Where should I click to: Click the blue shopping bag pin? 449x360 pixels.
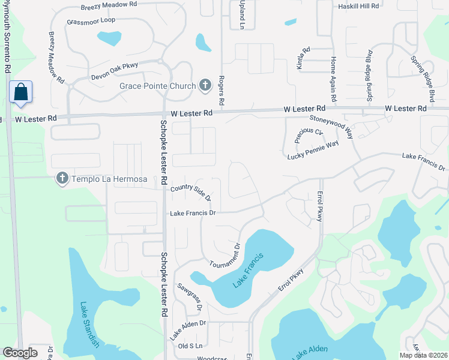(x=20, y=93)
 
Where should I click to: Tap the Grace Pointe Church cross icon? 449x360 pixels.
(x=205, y=86)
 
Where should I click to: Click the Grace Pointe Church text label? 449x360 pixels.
(x=157, y=86)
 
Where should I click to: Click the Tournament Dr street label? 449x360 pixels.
(x=225, y=256)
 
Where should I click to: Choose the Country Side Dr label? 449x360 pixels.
(x=191, y=191)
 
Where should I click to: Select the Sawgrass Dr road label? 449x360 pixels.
(x=189, y=297)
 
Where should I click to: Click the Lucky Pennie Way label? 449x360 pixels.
(x=313, y=149)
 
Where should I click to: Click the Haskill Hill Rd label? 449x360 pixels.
(x=358, y=6)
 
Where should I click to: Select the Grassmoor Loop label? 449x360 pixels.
(x=91, y=20)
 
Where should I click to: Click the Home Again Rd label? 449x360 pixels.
(x=333, y=79)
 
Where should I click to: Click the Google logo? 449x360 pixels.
(x=20, y=353)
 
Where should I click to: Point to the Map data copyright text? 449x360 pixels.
(x=423, y=355)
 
